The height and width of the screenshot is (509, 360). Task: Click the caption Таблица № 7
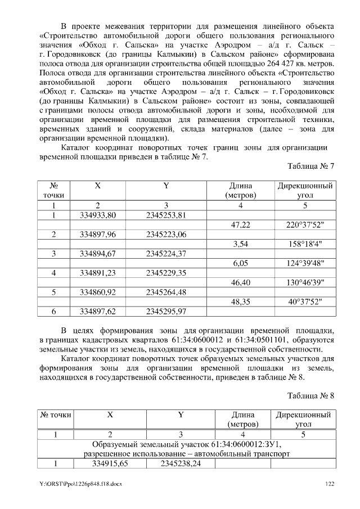(x=310, y=167)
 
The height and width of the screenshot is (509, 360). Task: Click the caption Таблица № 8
(x=310, y=395)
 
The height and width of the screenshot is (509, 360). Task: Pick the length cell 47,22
(x=241, y=224)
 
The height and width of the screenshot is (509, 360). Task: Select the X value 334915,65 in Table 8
(x=110, y=463)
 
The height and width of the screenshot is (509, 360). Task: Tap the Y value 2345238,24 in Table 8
(x=181, y=463)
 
